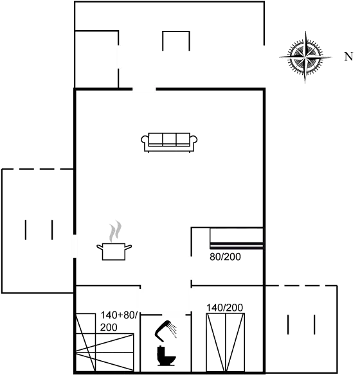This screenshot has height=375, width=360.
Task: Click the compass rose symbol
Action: [x=305, y=57]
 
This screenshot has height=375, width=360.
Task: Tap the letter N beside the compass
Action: [x=348, y=57]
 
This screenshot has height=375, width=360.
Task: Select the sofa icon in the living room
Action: [x=169, y=143]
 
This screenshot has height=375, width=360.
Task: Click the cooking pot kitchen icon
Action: [x=114, y=251]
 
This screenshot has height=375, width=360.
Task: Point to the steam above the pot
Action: [x=115, y=231]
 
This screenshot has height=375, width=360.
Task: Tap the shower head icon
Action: [x=165, y=331]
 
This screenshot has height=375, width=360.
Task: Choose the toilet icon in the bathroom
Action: [x=166, y=356]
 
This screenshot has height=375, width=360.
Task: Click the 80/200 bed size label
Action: [x=225, y=257]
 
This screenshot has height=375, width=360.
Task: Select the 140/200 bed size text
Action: [x=224, y=308]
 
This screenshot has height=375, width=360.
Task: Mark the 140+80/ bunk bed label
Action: [x=119, y=315]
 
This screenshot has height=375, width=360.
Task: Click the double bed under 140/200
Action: [x=225, y=342]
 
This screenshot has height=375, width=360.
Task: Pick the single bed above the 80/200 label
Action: [x=237, y=238]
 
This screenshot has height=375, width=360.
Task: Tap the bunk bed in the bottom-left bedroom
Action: [x=105, y=343]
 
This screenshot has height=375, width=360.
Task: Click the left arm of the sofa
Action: [x=145, y=141]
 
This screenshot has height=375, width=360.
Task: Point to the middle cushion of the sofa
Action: [x=169, y=139]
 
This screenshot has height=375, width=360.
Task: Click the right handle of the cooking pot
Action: [x=129, y=247]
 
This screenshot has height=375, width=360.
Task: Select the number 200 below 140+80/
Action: [x=109, y=327]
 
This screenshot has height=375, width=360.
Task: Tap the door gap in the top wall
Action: [x=144, y=89]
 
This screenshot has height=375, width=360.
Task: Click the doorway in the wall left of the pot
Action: [x=75, y=246]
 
